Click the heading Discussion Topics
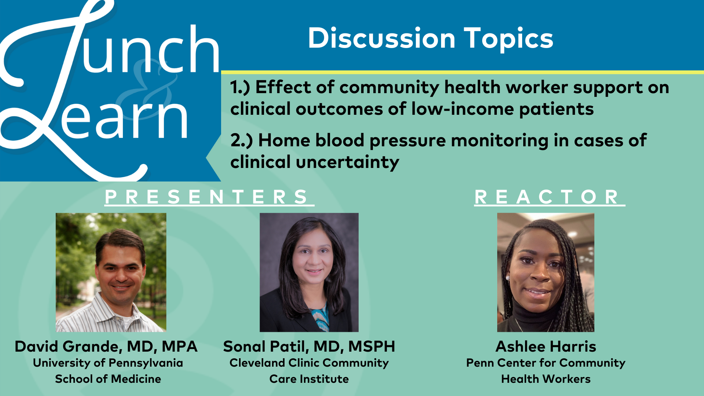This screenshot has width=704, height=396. coord(430,38)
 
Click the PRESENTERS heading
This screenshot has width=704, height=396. coord(209,197)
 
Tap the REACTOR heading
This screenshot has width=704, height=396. coord(549,197)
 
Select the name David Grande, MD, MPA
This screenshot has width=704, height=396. coord(106,346)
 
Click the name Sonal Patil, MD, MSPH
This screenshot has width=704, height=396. coord(309,346)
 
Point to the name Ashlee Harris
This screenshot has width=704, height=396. coord(546,346)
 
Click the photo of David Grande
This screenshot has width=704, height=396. coord(111,272)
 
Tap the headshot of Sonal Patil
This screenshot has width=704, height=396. coord(309,272)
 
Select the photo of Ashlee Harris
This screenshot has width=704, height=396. coord(546,272)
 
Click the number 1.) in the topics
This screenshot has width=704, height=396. coord(240,88)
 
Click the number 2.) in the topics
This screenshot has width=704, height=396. coord(242,141)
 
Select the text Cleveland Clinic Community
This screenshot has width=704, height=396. coord(309,363)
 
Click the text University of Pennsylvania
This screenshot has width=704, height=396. coord(108,363)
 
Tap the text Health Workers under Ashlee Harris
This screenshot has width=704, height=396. coord(546,379)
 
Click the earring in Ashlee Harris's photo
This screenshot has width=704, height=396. coord(508,278)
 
